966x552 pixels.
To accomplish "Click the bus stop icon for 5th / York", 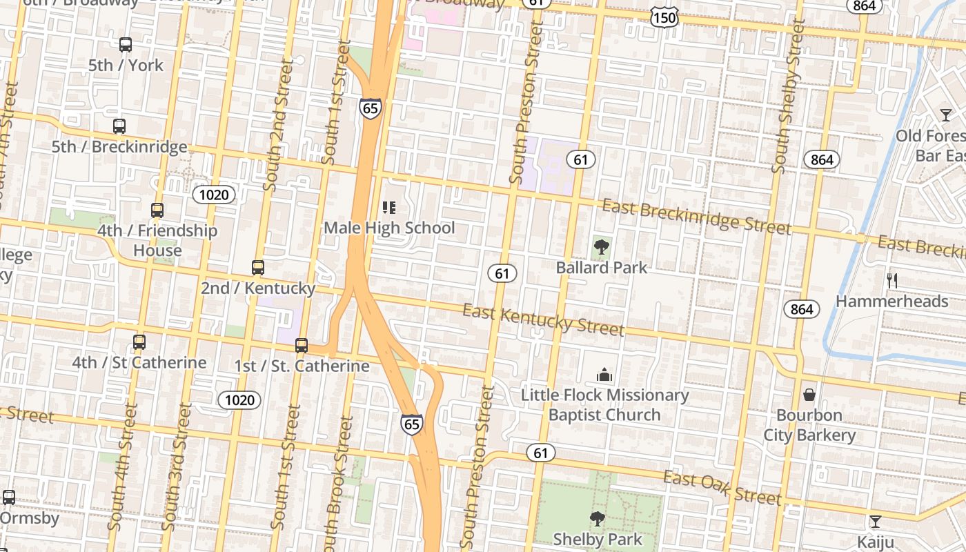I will tap(125, 45).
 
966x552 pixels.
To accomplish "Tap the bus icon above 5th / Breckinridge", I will tap(119, 126).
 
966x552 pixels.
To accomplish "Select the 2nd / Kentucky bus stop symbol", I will tap(257, 267).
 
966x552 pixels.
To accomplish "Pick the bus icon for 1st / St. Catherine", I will tap(302, 346).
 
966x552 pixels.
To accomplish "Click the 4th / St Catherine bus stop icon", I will tap(139, 342).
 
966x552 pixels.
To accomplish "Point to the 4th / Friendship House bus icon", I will tap(157, 210).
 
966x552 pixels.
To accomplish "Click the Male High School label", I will tap(389, 228).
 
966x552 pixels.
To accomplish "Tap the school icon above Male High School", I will tap(389, 207).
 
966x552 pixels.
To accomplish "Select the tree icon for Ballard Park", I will tap(601, 246).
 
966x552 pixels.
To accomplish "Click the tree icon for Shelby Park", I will tap(598, 518).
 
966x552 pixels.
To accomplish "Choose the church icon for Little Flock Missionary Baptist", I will tap(604, 375).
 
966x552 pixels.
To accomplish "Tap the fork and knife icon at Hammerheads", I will tap(891, 280).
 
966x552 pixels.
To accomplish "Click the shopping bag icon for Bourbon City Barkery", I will tap(809, 395).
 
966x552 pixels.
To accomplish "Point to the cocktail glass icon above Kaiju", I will tap(875, 521).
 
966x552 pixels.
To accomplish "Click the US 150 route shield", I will tap(664, 18).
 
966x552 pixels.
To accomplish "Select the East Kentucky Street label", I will tap(543, 320).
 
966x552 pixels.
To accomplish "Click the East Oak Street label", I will tap(722, 488).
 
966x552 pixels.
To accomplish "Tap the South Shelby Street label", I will tap(789, 97).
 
